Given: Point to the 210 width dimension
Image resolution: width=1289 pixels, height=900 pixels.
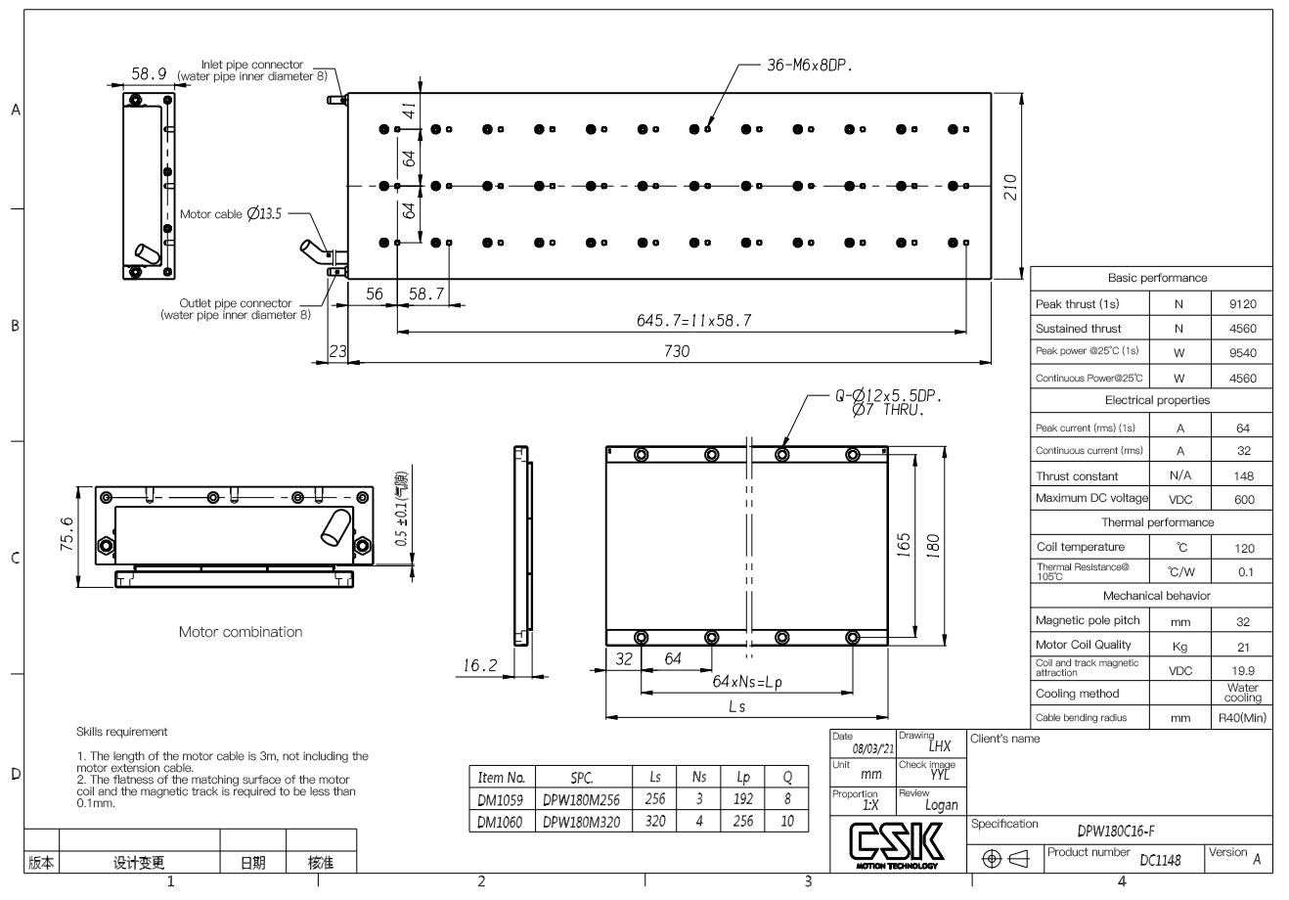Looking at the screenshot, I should click(x=1011, y=186).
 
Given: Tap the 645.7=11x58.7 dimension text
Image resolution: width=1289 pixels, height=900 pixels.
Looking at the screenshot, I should click(x=694, y=320).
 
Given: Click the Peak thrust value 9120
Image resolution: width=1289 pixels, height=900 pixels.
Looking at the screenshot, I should click(x=1242, y=304).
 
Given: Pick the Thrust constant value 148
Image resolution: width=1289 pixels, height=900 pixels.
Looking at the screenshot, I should click(x=1242, y=476).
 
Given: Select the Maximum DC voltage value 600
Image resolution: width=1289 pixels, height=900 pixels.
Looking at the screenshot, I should click(x=1242, y=500).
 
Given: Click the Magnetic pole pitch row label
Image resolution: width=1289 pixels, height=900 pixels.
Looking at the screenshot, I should click(x=1088, y=621).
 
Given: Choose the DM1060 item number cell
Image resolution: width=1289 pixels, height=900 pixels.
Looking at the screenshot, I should click(x=500, y=822).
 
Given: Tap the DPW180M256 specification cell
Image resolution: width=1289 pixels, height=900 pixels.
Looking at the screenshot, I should click(x=581, y=799).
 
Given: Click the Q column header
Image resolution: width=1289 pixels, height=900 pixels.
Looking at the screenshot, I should click(x=787, y=777).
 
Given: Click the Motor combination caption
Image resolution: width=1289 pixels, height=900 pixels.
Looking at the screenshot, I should click(x=241, y=632).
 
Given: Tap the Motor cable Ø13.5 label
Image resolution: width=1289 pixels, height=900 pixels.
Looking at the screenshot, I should click(x=231, y=214).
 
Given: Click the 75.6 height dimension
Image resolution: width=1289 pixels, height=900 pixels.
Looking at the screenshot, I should click(x=67, y=535).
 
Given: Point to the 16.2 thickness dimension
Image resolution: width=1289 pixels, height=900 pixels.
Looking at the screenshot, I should click(x=479, y=665).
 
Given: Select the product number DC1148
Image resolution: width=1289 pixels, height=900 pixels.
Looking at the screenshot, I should click(x=1160, y=860).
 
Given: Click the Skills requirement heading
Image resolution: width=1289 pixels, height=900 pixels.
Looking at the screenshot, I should click(x=121, y=732).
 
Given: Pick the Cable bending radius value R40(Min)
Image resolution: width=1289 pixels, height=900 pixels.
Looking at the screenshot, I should click(x=1242, y=718).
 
